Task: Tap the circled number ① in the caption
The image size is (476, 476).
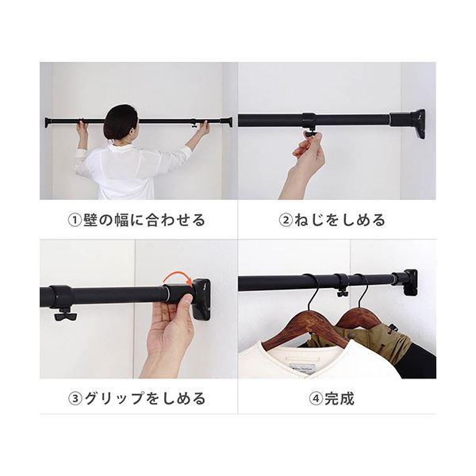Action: (75, 220)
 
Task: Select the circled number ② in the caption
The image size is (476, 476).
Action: (286, 220)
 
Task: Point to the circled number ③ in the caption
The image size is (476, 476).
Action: (75, 398)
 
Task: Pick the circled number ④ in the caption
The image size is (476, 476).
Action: (316, 398)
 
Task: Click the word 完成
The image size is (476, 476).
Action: (340, 398)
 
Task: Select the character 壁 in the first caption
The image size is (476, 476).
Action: (90, 220)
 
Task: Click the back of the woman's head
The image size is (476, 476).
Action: (121, 123)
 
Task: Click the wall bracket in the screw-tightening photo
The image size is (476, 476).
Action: (417, 125)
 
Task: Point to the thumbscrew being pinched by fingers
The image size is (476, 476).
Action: (310, 133)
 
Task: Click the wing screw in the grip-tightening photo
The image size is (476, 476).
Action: (65, 315)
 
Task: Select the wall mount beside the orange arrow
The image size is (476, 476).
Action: (201, 299)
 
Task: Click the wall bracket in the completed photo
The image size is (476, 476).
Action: (410, 282)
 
